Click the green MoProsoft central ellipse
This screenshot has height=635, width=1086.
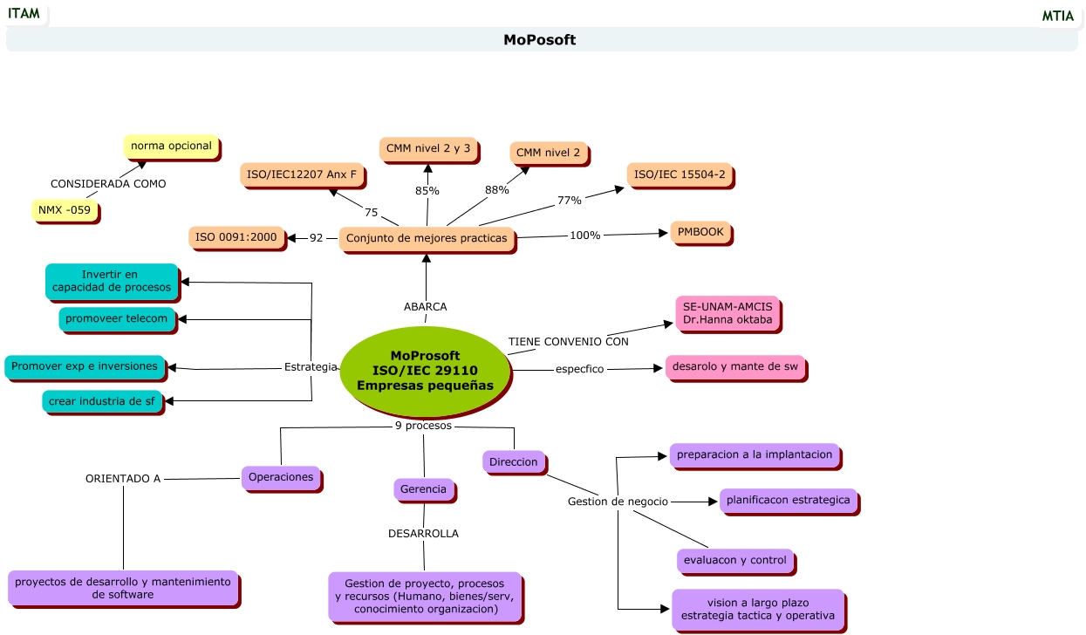[425, 371]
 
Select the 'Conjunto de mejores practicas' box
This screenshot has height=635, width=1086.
[427, 238]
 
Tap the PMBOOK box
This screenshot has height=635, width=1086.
[700, 233]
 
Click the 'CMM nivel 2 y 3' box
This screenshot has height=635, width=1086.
[427, 148]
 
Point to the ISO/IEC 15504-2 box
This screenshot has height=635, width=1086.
[680, 174]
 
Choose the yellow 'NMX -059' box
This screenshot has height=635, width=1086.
[64, 210]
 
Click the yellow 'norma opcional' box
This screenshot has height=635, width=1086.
[171, 146]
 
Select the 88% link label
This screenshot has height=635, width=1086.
[496, 190]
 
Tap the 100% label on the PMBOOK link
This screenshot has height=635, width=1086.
[584, 236]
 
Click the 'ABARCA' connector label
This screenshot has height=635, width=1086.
[426, 307]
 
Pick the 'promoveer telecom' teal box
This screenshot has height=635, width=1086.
[116, 318]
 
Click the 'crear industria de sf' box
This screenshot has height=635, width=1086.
[101, 401]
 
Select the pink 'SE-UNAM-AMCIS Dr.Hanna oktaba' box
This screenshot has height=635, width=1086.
[727, 313]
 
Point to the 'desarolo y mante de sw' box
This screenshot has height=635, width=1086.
[734, 366]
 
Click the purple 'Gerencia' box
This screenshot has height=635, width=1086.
[423, 489]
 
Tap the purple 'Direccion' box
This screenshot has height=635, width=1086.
[513, 461]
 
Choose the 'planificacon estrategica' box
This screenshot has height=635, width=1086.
[788, 501]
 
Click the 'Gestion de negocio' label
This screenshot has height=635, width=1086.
[617, 502]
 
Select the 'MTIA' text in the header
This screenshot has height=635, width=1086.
[1057, 16]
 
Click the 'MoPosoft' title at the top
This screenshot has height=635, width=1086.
[539, 40]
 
